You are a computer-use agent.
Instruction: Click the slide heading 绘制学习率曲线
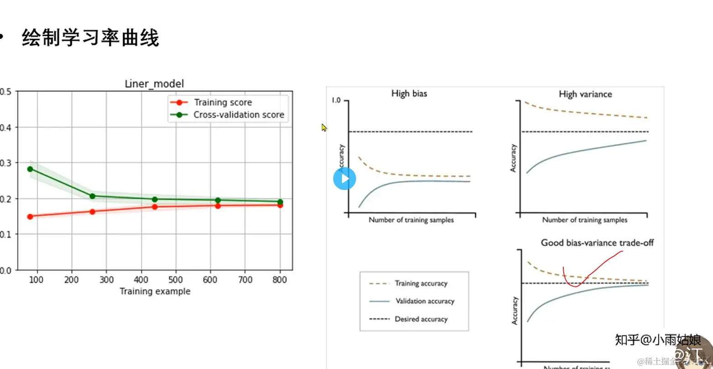[x=90, y=38]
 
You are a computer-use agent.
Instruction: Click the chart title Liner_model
[x=154, y=84]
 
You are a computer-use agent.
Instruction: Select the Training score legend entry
[x=223, y=102]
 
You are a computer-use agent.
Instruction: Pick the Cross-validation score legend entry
[x=238, y=115]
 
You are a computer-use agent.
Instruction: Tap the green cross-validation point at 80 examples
[x=30, y=169]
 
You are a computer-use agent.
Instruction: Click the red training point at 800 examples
[x=280, y=205]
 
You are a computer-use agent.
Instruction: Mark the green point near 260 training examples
[x=92, y=196]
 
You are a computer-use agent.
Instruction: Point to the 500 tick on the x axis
[x=176, y=279]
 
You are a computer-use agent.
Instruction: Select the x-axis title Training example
[x=155, y=291]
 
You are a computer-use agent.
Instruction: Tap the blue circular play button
[x=344, y=179]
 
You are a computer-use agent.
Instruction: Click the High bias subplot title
[x=409, y=94]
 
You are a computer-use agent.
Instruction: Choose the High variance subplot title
[x=585, y=94]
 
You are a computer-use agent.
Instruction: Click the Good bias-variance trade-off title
[x=597, y=242]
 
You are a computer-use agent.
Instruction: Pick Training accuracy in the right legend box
[x=421, y=284]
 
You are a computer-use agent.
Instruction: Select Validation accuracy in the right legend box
[x=425, y=301]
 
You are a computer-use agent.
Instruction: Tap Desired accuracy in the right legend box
[x=421, y=319]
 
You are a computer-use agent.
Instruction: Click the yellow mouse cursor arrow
[x=324, y=127]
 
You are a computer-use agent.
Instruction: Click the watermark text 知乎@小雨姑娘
[x=657, y=340]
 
